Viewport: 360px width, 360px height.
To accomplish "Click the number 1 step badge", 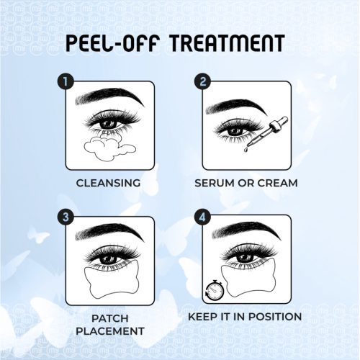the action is pyautogui.click(x=66, y=81).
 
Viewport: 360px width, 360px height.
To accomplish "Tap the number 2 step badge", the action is pyautogui.click(x=202, y=81).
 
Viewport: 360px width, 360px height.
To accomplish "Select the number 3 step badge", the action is pyautogui.click(x=66, y=217).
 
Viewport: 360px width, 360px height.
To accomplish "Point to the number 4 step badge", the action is pyautogui.click(x=202, y=217).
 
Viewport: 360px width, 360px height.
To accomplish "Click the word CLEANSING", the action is pyautogui.click(x=108, y=183).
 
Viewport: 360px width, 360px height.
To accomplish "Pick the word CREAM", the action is pyautogui.click(x=278, y=183).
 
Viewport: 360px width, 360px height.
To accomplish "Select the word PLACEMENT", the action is pyautogui.click(x=110, y=331).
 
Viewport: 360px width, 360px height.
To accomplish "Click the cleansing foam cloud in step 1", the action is pyautogui.click(x=109, y=148).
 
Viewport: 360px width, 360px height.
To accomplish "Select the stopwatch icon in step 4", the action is pyautogui.click(x=215, y=290).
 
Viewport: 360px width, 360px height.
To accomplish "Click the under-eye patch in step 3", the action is pyautogui.click(x=112, y=279).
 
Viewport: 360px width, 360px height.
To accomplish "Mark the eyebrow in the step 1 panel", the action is pyautogui.click(x=109, y=96).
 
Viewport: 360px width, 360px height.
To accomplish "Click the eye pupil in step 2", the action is pyautogui.click(x=235, y=131).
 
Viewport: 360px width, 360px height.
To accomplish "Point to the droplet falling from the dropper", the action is pyautogui.click(x=245, y=149).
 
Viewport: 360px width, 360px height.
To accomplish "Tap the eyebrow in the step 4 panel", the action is pyautogui.click(x=247, y=232).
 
